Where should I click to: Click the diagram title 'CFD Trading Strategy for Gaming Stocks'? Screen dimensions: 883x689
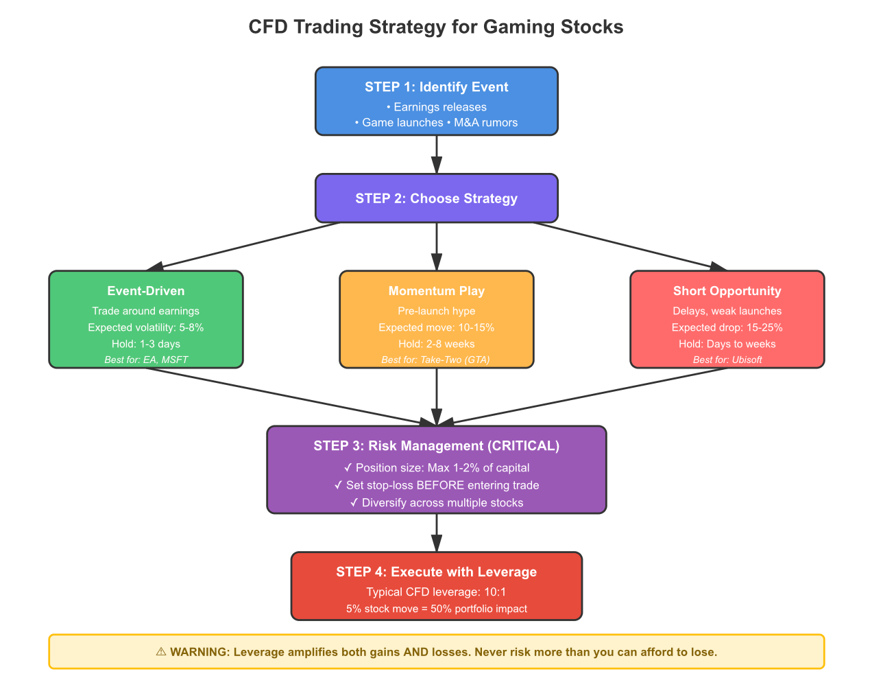[x=435, y=27]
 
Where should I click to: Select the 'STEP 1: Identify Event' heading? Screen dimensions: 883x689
[x=437, y=87]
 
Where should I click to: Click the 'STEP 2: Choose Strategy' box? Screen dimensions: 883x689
[x=437, y=198]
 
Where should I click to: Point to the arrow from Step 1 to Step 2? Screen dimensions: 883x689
[x=437, y=154]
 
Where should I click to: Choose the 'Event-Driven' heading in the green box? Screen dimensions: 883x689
[x=146, y=291]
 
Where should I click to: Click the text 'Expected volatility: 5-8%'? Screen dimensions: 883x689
[x=146, y=327]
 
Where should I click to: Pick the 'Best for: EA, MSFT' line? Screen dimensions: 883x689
[x=146, y=360]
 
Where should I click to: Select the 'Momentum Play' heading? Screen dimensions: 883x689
[x=437, y=291]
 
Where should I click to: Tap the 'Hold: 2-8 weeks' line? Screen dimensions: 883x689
[x=437, y=344]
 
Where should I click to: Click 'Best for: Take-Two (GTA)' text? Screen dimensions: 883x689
[x=435, y=360]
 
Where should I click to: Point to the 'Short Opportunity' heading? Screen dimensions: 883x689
[x=727, y=291]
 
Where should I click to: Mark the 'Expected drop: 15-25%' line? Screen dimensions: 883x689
[x=727, y=327]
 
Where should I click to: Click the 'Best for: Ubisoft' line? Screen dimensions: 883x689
[x=727, y=360]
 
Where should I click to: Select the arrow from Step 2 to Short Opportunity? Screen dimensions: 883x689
[x=630, y=246]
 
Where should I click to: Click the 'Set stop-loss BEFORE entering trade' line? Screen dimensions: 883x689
[x=437, y=485]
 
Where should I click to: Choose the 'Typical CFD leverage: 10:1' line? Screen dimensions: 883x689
[x=437, y=592]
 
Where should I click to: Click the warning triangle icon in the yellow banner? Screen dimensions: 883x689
[x=161, y=651]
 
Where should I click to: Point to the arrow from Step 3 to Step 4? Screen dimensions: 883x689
[x=437, y=533]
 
